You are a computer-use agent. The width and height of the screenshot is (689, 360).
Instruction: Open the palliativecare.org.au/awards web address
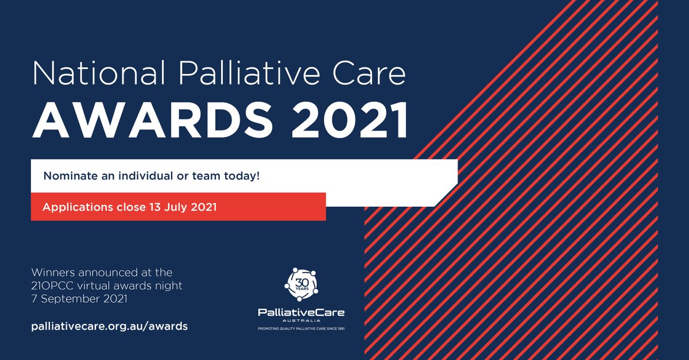(109, 326)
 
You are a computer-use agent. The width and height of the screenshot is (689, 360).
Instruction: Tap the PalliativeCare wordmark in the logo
(301, 312)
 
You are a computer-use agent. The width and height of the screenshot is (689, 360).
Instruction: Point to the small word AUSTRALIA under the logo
(301, 322)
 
